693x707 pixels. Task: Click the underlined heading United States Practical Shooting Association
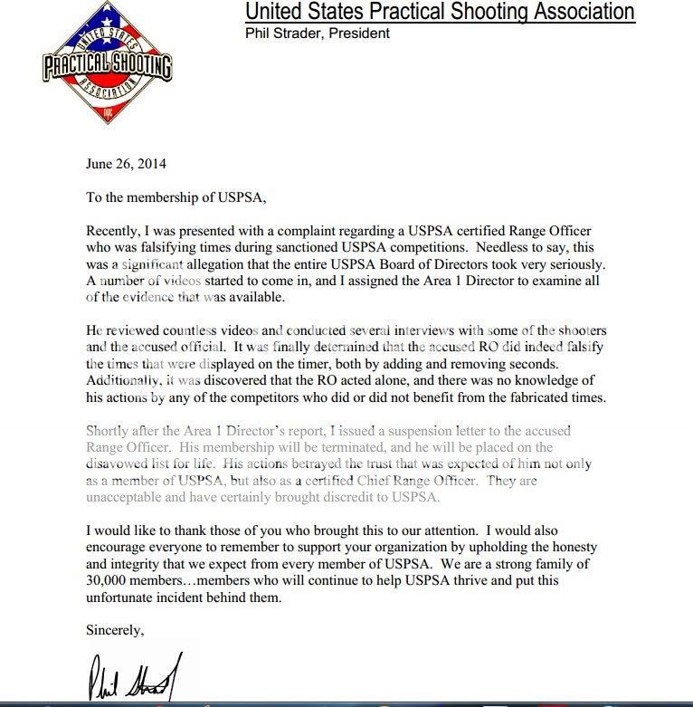(440, 12)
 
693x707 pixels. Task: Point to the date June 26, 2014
(126, 165)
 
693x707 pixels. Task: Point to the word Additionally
(124, 381)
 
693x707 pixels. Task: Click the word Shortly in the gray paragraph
(108, 431)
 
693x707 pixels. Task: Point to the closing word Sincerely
(115, 629)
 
